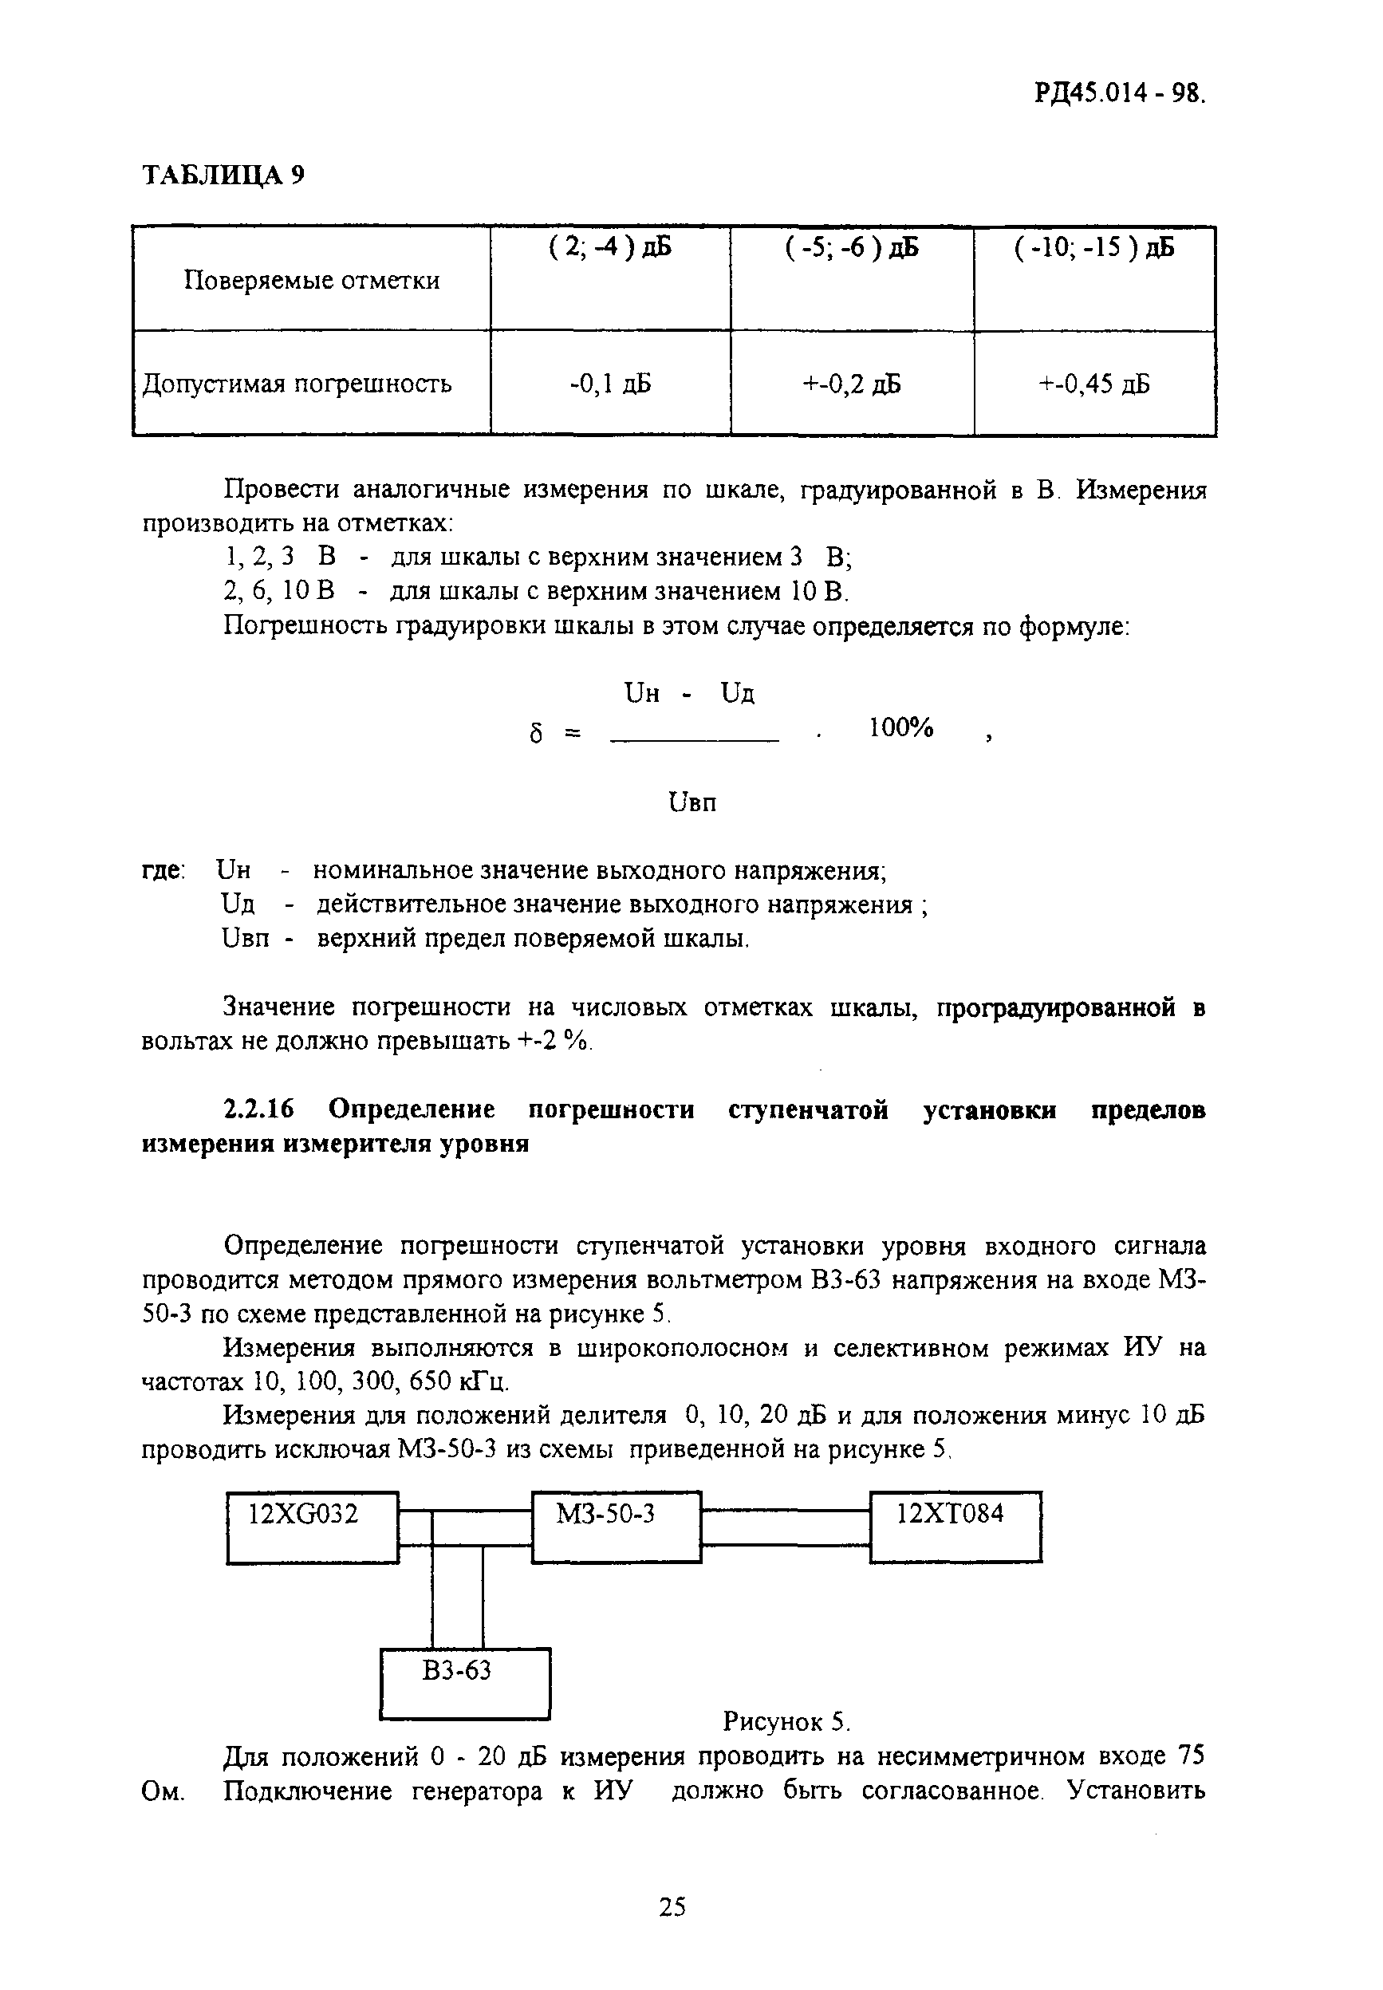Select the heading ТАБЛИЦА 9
tap(223, 175)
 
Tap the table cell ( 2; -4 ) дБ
tap(610, 249)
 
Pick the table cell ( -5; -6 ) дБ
tap(852, 249)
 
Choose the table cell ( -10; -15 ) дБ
tap(1093, 249)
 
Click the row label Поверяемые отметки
tap(311, 281)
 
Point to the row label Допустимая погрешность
tap(297, 383)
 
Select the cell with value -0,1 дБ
tap(610, 383)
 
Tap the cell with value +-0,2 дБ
tap(852, 383)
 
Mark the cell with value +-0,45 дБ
tap(1093, 383)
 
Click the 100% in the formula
tap(900, 728)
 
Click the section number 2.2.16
tap(259, 1109)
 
